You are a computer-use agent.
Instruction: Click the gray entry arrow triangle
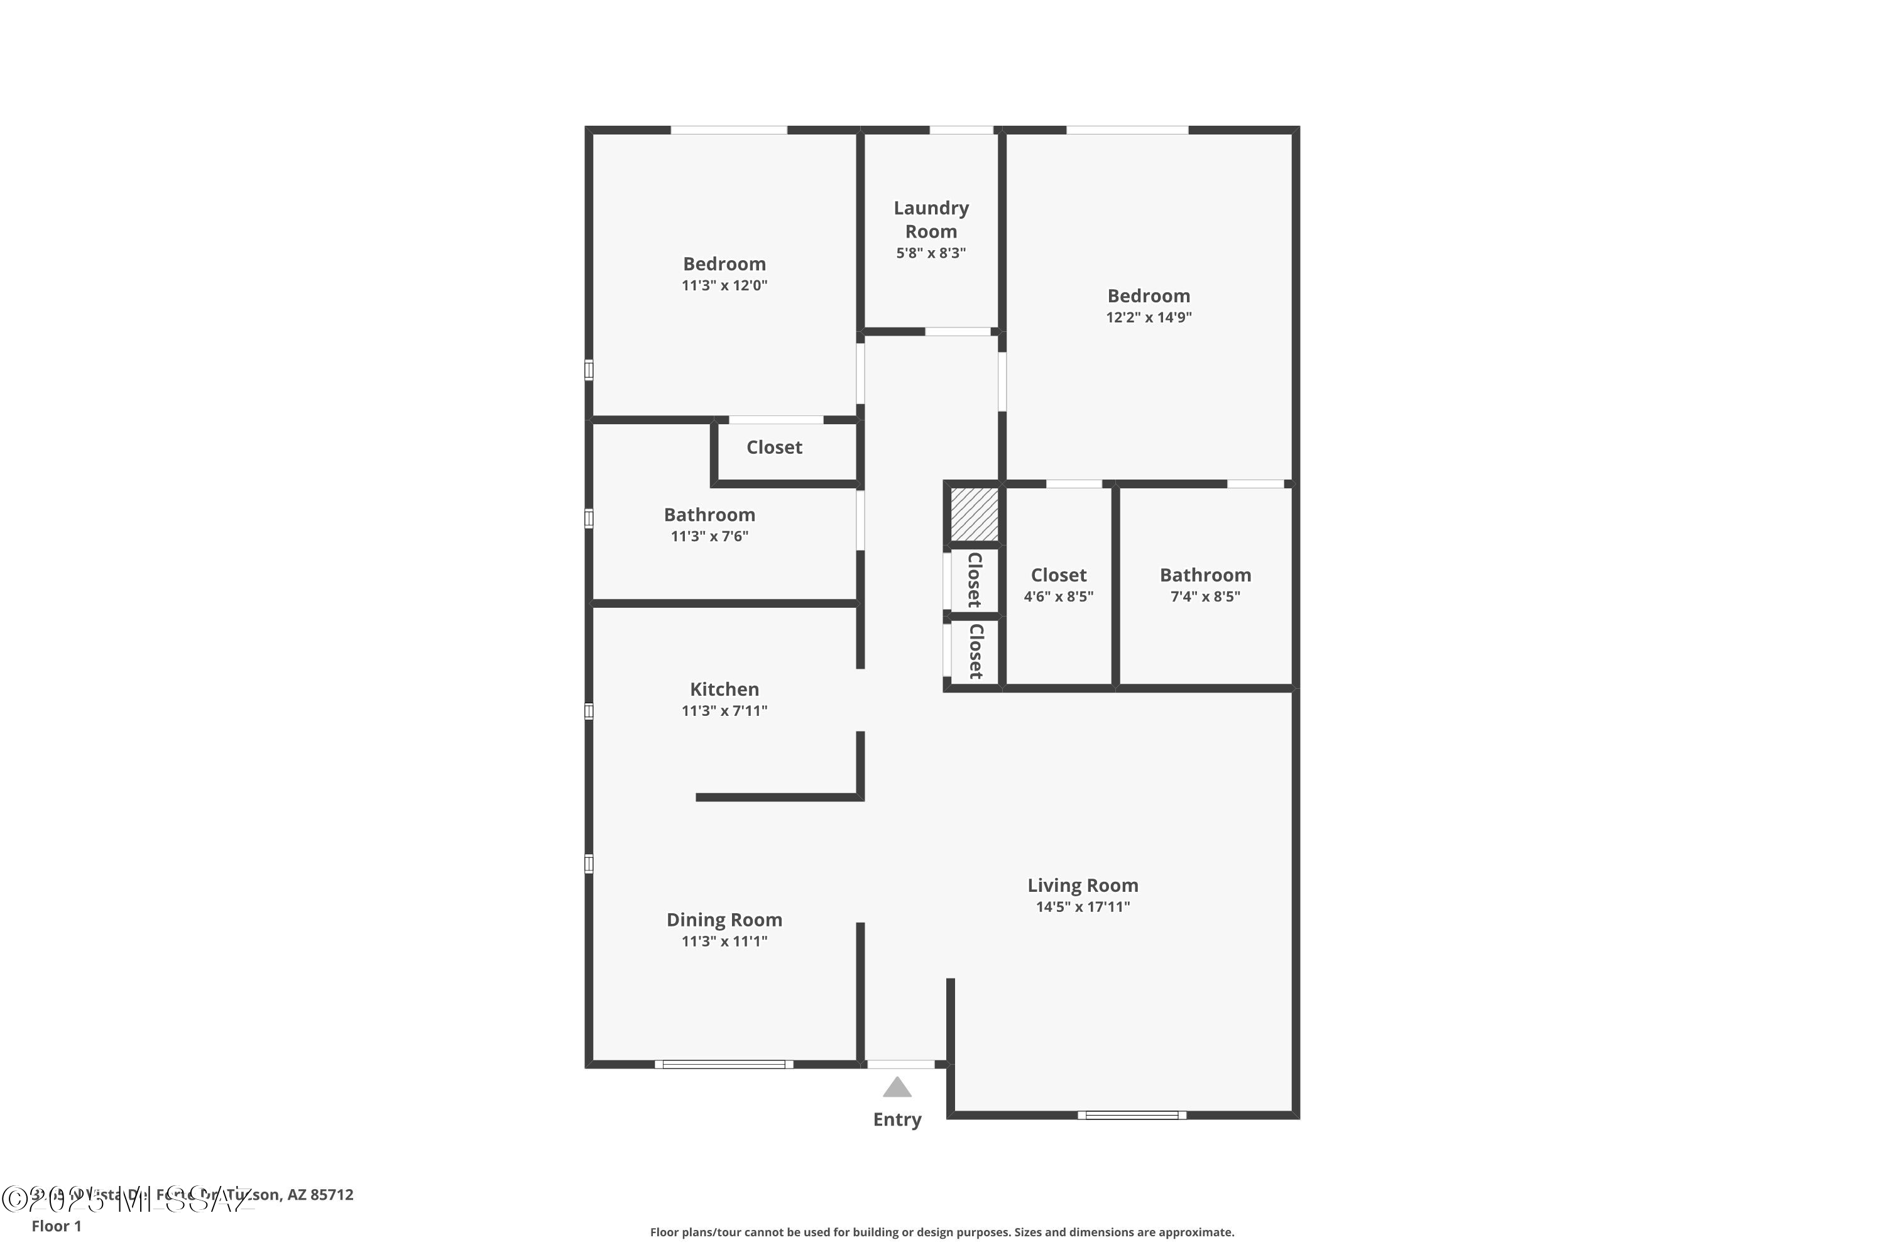[x=897, y=1088]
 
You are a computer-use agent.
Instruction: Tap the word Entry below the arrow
[x=897, y=1119]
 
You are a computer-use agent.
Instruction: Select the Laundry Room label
[x=931, y=219]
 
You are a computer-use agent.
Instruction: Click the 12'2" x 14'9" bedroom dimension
[x=1149, y=317]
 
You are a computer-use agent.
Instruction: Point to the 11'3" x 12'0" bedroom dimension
[x=724, y=285]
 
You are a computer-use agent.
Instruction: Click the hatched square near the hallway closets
[x=974, y=514]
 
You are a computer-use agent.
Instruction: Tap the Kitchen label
[x=724, y=689]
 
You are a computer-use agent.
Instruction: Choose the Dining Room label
[x=724, y=919]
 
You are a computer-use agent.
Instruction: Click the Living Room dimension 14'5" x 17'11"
[x=1083, y=907]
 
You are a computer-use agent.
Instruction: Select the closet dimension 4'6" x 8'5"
[x=1058, y=596]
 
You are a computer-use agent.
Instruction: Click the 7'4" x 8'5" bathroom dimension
[x=1205, y=596]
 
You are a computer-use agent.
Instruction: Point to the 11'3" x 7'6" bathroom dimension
[x=709, y=536]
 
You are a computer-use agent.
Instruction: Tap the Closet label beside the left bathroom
[x=774, y=447]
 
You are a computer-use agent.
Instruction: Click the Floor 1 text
[x=56, y=1226]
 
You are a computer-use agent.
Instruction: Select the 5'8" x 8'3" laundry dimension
[x=931, y=253]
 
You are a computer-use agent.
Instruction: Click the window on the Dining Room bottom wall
[x=724, y=1065]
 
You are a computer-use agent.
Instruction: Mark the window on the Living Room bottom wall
[x=1132, y=1115]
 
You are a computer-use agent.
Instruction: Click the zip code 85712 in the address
[x=331, y=1195]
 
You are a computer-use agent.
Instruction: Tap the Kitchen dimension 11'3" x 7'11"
[x=724, y=711]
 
